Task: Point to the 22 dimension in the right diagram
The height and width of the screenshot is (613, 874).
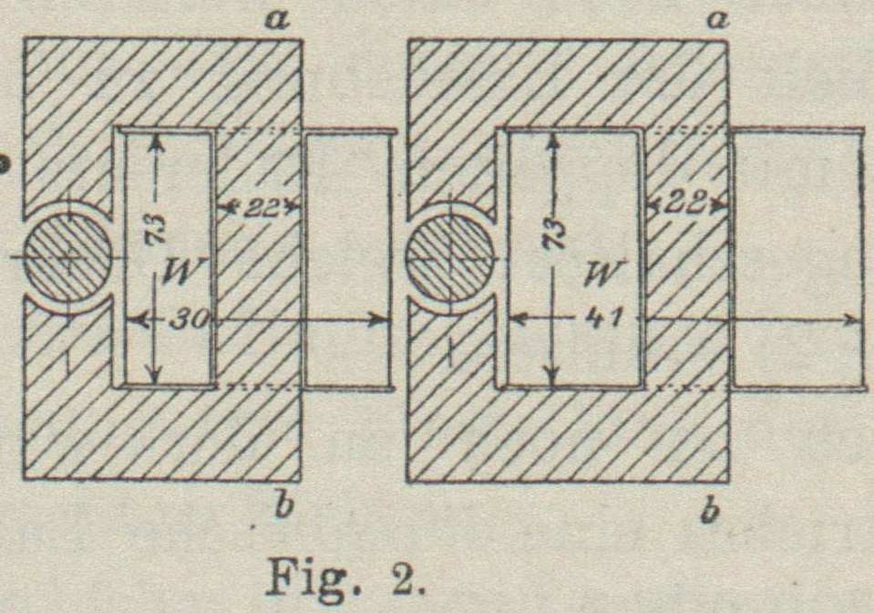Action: (x=686, y=203)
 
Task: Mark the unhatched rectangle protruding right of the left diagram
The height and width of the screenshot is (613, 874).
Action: (x=347, y=259)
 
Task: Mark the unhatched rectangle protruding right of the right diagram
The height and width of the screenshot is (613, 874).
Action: (x=797, y=259)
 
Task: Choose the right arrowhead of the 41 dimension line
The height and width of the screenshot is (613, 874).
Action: (x=854, y=320)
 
